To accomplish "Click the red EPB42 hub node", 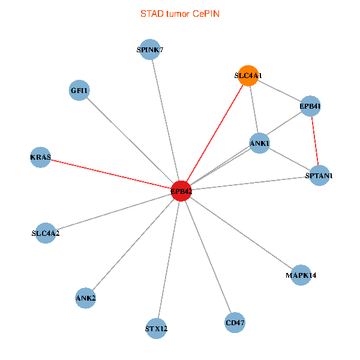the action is pyautogui.click(x=181, y=191).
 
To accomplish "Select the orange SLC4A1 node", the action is pyautogui.click(x=248, y=76).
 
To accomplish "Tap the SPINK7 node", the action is pyautogui.click(x=150, y=50).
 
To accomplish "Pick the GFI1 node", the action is pyautogui.click(x=79, y=91).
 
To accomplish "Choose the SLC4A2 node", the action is pyautogui.click(x=46, y=233).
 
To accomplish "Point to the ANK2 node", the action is pyautogui.click(x=86, y=297).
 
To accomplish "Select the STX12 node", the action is pyautogui.click(x=157, y=328).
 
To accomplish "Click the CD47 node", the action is pyautogui.click(x=235, y=323).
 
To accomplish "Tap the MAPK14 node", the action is pyautogui.click(x=301, y=275).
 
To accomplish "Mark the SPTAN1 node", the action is pyautogui.click(x=319, y=176).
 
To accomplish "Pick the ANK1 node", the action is pyautogui.click(x=259, y=143).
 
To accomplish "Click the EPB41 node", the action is pyautogui.click(x=310, y=106).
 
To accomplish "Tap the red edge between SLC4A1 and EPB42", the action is pyautogui.click(x=215, y=133).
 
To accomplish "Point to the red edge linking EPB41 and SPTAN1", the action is pyautogui.click(x=315, y=141).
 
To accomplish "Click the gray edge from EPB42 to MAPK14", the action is pyautogui.click(x=241, y=233).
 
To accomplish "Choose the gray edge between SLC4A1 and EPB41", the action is pyautogui.click(x=280, y=91).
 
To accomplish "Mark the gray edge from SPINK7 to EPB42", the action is pyautogui.click(x=166, y=121).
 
